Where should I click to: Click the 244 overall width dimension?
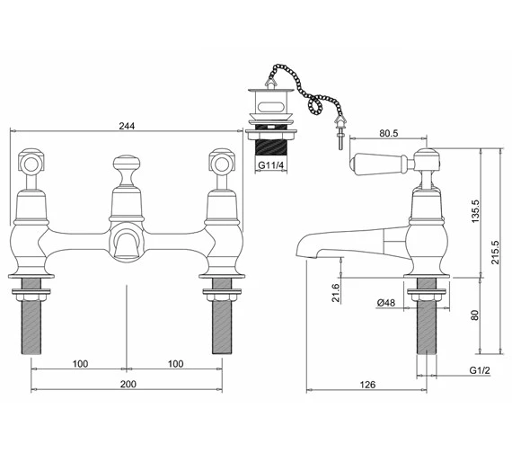[127, 126]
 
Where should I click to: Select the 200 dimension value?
[128, 384]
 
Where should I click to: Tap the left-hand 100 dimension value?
[80, 364]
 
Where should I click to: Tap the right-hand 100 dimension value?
[176, 364]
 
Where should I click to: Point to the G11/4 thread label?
[270, 165]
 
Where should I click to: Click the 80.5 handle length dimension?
[389, 133]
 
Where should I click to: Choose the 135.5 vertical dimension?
[475, 211]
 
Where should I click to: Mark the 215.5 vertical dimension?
[495, 253]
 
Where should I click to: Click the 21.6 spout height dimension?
[335, 292]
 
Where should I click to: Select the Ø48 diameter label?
[385, 303]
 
